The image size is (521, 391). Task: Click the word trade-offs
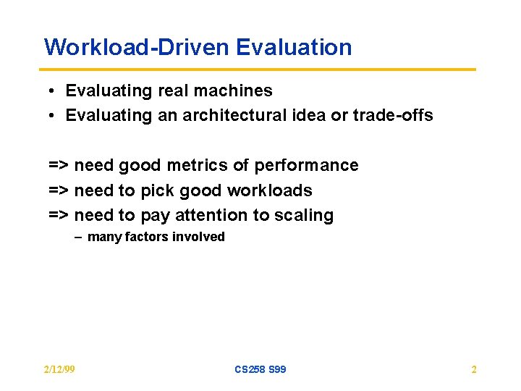pyautogui.click(x=393, y=115)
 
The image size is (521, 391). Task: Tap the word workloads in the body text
pyautogui.click(x=269, y=190)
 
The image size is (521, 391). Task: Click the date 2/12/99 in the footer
pyautogui.click(x=59, y=369)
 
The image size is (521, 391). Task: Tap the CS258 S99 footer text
pyautogui.click(x=260, y=369)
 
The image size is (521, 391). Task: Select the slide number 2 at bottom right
pyautogui.click(x=474, y=369)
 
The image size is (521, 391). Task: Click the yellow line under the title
pyautogui.click(x=260, y=70)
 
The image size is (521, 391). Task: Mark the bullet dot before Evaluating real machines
pyautogui.click(x=54, y=91)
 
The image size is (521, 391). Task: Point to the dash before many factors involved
pyautogui.click(x=78, y=237)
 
